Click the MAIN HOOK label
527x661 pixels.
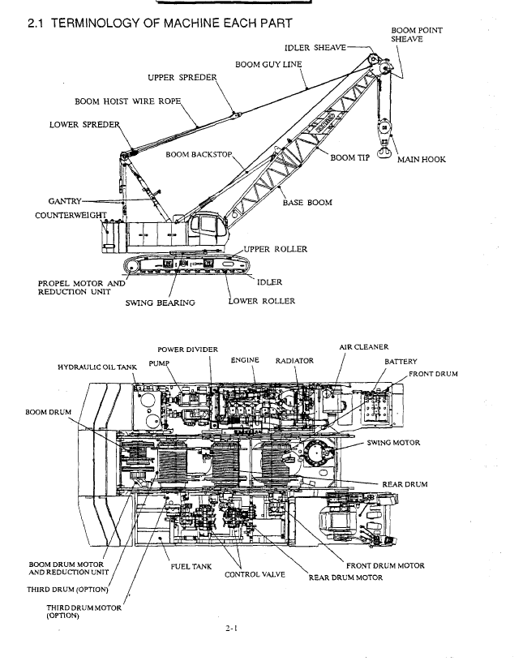tap(421, 160)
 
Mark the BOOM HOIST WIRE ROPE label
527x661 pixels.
tap(126, 102)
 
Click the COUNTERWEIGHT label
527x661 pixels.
tap(71, 216)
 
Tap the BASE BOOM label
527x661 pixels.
tap(306, 203)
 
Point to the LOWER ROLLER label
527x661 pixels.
tap(260, 301)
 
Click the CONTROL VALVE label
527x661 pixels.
tap(256, 575)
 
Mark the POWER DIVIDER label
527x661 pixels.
tap(188, 349)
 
